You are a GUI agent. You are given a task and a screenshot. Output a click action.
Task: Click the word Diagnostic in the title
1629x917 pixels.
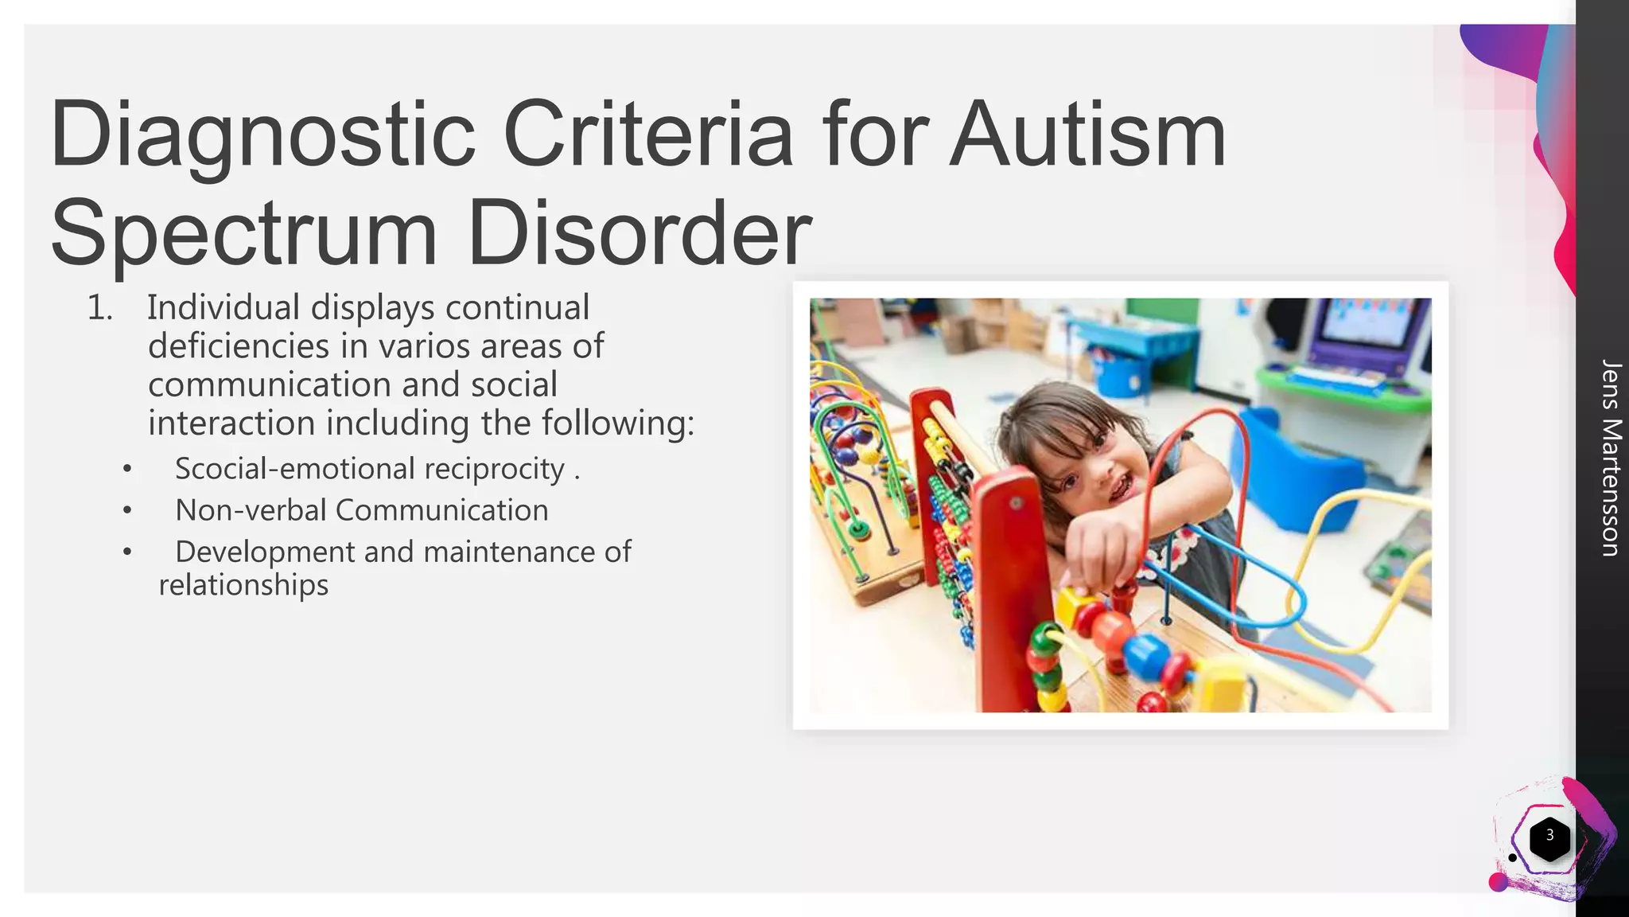pyautogui.click(x=262, y=135)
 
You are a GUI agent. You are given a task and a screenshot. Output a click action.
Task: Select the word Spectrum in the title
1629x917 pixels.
pyautogui.click(x=243, y=234)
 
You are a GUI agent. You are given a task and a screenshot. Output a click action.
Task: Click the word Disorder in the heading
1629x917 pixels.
pyautogui.click(x=640, y=234)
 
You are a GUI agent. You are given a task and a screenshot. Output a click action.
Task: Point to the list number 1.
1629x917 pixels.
pyautogui.click(x=99, y=309)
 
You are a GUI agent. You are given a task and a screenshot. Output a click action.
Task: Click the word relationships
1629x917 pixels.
pyautogui.click(x=243, y=585)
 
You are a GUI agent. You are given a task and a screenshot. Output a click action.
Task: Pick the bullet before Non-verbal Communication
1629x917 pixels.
pyautogui.click(x=127, y=510)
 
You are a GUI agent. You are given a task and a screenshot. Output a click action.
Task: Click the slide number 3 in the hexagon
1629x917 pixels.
pyautogui.click(x=1549, y=836)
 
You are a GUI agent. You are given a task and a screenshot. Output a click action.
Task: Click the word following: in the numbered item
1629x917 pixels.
pyautogui.click(x=618, y=423)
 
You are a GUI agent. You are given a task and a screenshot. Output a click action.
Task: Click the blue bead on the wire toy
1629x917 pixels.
pyautogui.click(x=1145, y=656)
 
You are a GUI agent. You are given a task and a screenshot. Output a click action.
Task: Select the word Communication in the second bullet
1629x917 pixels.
pyautogui.click(x=441, y=510)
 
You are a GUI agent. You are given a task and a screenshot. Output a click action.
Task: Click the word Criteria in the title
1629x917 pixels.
pyautogui.click(x=647, y=135)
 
